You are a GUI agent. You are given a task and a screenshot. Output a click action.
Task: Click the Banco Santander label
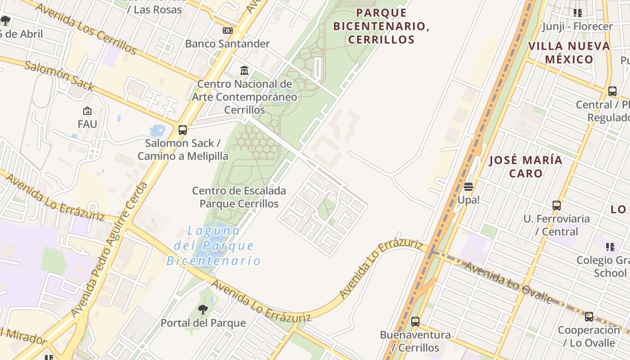(x=227, y=44)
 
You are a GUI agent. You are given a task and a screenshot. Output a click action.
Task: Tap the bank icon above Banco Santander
(x=228, y=31)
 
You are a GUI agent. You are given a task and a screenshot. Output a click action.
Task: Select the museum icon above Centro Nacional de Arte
(x=244, y=70)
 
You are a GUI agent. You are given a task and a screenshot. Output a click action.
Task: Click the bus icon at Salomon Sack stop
(x=182, y=130)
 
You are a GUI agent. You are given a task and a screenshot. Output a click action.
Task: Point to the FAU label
(x=87, y=124)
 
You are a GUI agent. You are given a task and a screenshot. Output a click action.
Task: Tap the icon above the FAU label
(x=87, y=111)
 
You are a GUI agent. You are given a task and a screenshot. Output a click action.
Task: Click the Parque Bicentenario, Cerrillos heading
(x=381, y=26)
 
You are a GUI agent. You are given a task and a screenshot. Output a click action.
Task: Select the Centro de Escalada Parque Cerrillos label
(x=239, y=197)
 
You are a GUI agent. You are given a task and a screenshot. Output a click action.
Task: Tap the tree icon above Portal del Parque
(x=203, y=310)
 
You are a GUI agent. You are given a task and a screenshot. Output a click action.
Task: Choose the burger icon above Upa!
(x=468, y=187)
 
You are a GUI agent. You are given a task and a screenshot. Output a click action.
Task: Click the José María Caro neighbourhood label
(x=526, y=166)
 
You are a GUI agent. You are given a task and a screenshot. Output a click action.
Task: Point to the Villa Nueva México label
(x=569, y=53)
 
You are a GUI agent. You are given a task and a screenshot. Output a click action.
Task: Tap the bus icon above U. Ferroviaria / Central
(x=557, y=206)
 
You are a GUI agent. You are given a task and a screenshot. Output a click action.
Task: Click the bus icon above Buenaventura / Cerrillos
(x=415, y=322)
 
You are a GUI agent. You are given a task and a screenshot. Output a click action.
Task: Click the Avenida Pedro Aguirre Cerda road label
(x=109, y=250)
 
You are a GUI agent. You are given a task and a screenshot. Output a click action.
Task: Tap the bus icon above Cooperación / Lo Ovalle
(x=589, y=317)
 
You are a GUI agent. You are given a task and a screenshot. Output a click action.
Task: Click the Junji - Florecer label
(x=577, y=26)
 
